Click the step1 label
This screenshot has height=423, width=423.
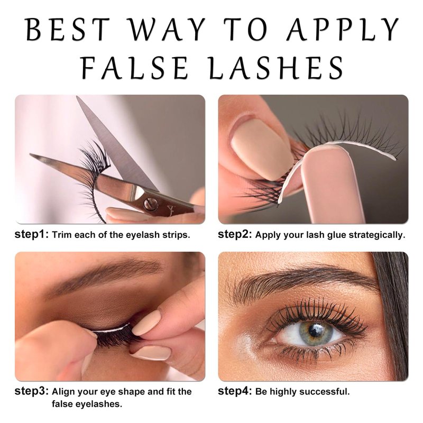click(x=32, y=234)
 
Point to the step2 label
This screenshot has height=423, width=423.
click(x=235, y=234)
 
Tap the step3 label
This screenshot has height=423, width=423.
click(x=32, y=391)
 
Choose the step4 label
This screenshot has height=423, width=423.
click(x=235, y=391)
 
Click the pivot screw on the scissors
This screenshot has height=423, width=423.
click(x=149, y=203)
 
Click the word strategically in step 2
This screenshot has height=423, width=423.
click(x=377, y=235)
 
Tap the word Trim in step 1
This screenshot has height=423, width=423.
click(x=62, y=235)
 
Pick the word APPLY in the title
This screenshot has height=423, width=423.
click(x=343, y=30)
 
